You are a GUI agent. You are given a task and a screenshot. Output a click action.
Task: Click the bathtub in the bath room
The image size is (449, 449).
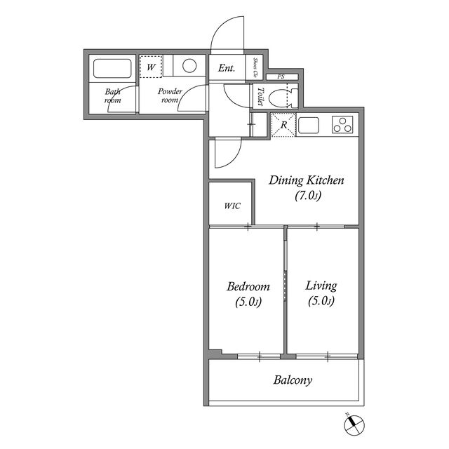point(112,69)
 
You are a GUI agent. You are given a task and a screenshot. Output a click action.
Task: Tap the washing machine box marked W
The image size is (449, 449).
point(151,67)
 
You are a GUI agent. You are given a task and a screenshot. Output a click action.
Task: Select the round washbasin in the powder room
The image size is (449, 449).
point(189,65)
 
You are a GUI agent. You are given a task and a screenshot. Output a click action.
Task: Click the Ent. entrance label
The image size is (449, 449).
point(227,68)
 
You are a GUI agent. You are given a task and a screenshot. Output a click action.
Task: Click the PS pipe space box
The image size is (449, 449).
point(282,76)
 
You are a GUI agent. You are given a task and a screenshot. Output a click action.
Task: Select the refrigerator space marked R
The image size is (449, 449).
point(283,125)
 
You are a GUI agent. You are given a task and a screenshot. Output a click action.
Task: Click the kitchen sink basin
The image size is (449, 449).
point(309,126)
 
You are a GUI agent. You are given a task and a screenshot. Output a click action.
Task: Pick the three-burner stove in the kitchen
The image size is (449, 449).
point(342,125)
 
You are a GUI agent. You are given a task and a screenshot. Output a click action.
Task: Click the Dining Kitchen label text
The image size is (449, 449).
point(306,181)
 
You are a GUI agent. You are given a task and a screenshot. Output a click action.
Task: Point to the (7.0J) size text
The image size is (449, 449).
point(308,196)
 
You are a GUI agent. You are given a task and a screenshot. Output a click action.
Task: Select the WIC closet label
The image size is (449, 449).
point(232,206)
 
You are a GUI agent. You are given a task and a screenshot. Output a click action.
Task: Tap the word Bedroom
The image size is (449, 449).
point(248,287)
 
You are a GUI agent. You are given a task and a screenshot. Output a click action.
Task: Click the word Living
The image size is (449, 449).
point(321,286)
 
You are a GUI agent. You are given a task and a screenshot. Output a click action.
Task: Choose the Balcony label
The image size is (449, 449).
point(293,380)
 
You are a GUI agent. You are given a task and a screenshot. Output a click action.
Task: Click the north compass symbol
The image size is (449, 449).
point(354,424)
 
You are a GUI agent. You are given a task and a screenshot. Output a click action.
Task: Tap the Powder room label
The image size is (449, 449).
point(170,95)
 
